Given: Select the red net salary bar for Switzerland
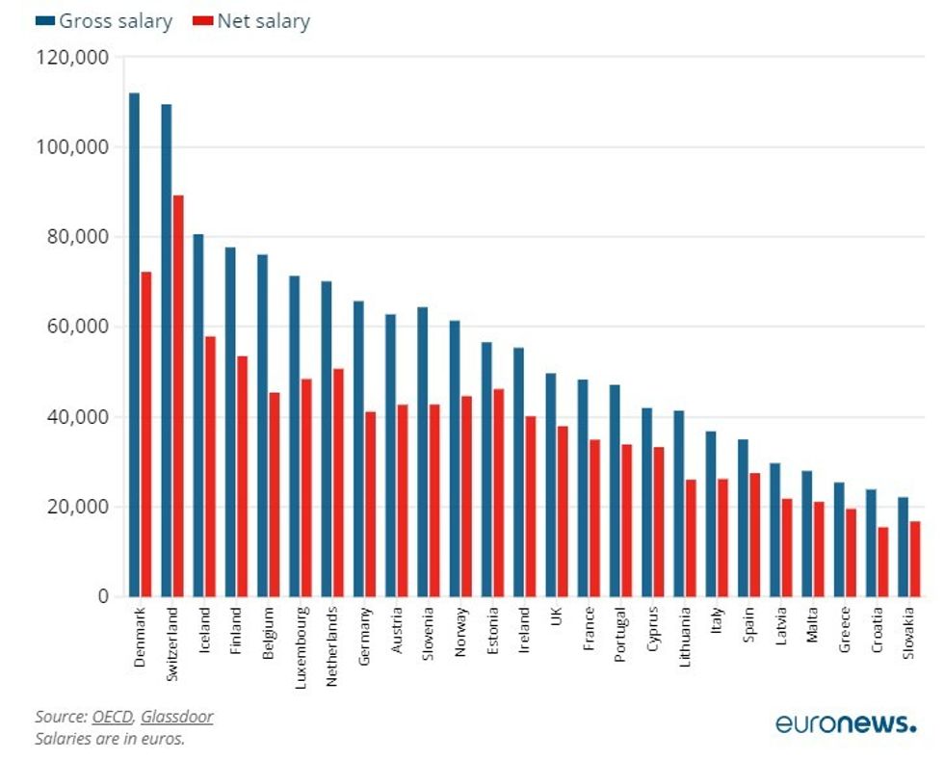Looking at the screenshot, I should pos(178,396).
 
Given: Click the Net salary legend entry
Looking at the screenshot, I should pos(251,20).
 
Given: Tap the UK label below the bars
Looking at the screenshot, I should pos(556,616).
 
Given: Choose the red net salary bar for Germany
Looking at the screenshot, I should pos(370,504).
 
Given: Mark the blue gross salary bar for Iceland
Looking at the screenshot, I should pos(198,415).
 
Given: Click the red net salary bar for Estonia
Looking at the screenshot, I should pos(498,492).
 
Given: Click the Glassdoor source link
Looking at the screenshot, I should pos(177,717).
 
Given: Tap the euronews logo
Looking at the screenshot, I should pos(846,724).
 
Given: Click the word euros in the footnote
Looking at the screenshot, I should pos(163,739).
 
